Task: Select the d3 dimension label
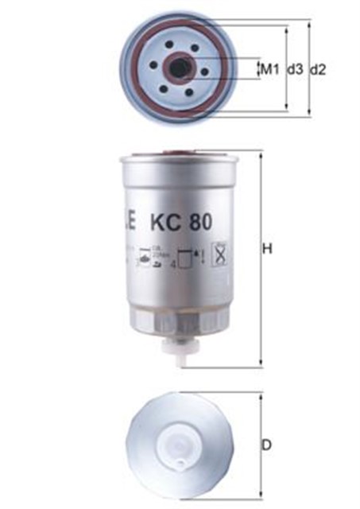pos(295,69)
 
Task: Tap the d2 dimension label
pos(318,69)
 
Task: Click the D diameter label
pos(268,445)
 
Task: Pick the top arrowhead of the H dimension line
pos(260,154)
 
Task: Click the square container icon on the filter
pos(188,258)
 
